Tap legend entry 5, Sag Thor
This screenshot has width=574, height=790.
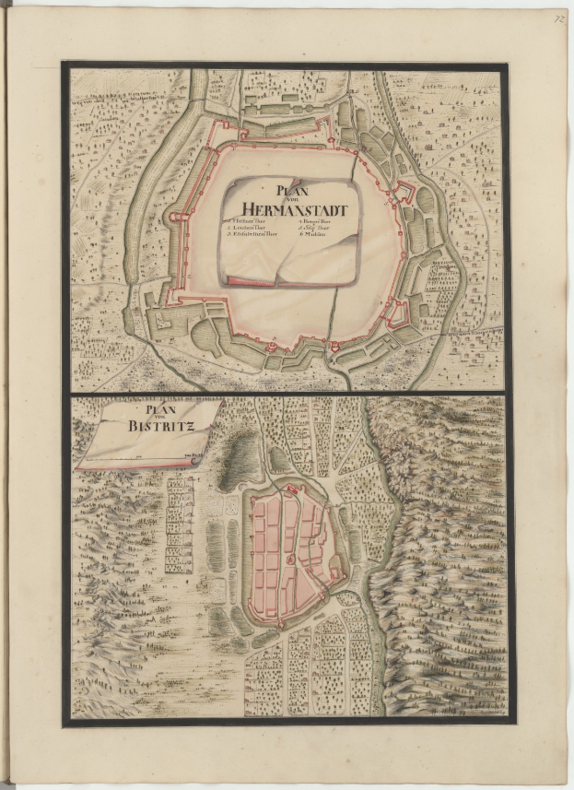pyautogui.click(x=311, y=230)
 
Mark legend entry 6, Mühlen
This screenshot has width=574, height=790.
pyautogui.click(x=309, y=237)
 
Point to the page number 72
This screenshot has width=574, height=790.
pyautogui.click(x=558, y=18)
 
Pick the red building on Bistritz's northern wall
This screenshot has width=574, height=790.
pyautogui.click(x=293, y=489)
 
